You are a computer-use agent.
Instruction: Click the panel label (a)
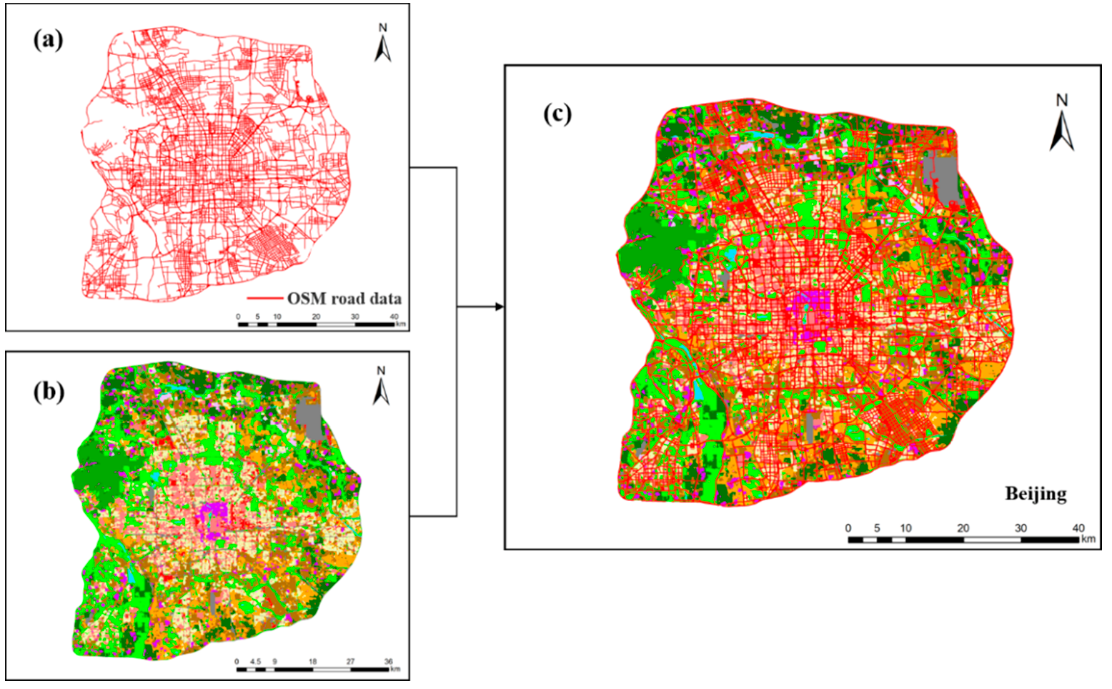[48, 40]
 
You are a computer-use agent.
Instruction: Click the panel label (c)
[557, 113]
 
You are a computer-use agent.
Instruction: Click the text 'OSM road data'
[344, 298]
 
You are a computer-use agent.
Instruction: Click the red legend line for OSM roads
[264, 298]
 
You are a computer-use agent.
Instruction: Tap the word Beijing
[1036, 493]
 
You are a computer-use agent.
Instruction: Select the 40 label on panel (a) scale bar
[394, 316]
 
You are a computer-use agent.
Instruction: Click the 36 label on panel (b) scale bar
[389, 662]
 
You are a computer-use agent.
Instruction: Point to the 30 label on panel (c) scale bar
[1021, 528]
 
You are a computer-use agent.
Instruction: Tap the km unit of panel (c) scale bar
[1088, 539]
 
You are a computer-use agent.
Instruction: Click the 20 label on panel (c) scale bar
[963, 528]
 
